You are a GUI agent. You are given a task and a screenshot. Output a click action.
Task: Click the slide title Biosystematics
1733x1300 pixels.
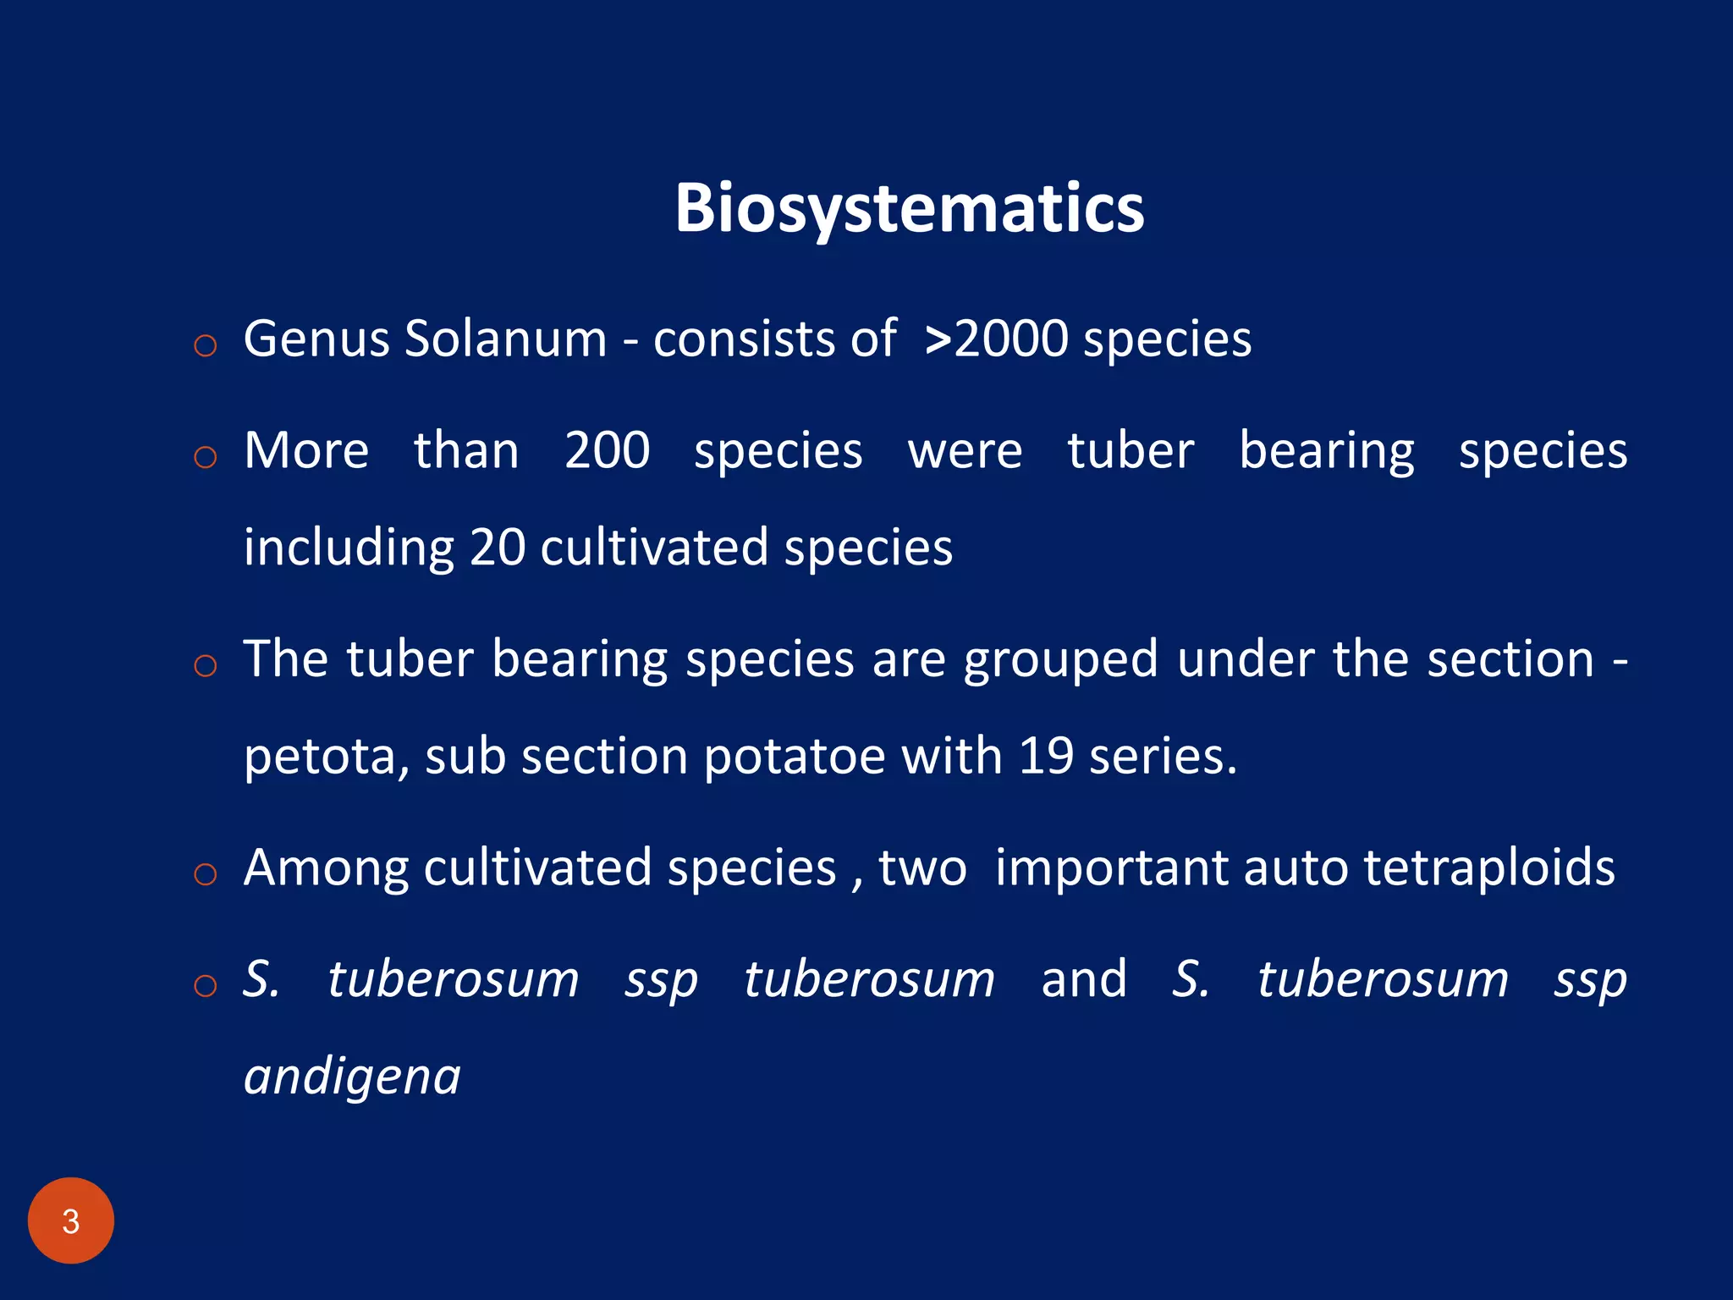909,208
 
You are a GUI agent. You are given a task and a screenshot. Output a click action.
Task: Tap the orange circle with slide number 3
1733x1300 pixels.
71,1220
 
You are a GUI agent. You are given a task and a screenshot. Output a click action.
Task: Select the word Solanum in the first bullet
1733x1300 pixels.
506,339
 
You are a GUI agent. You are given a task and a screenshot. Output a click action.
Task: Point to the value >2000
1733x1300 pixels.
997,339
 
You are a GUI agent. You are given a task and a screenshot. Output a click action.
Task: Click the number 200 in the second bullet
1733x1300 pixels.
607,450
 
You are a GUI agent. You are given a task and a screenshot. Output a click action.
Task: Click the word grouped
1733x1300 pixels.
1060,660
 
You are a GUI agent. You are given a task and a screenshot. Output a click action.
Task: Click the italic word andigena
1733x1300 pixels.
352,1077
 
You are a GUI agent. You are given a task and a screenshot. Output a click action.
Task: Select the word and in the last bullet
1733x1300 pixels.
1083,979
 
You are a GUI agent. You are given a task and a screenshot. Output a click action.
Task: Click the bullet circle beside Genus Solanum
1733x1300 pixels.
206,345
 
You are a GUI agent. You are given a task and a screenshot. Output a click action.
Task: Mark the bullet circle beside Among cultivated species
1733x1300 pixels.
206,874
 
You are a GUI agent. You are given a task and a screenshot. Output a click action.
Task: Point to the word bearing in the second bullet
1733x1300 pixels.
1326,452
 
